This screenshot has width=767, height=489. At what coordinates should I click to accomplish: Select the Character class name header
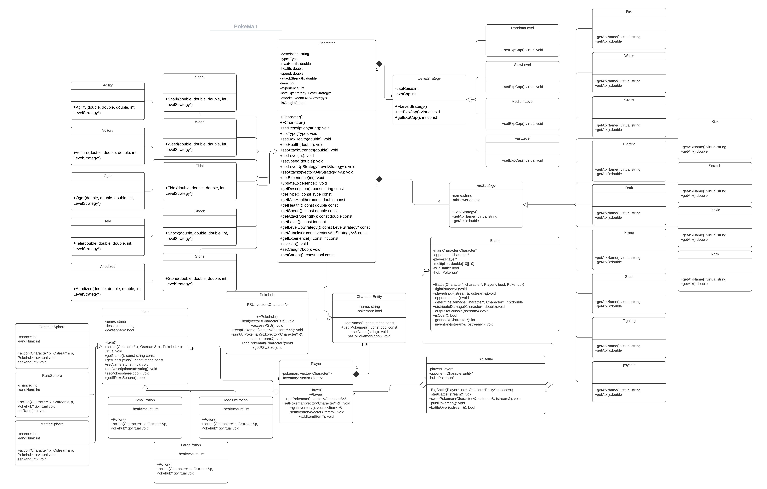click(327, 43)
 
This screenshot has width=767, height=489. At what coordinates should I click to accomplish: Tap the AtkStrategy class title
click(486, 186)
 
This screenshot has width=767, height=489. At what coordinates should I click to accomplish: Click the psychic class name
click(629, 365)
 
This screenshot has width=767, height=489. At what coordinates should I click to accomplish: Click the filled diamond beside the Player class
click(356, 374)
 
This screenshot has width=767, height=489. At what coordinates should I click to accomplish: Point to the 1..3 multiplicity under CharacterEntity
click(364, 345)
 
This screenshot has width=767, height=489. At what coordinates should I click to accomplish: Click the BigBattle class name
click(485, 359)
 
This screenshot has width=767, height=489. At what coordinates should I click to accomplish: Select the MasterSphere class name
click(52, 424)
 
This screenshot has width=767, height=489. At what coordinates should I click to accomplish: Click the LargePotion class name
click(191, 445)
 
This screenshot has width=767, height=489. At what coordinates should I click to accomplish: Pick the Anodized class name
click(108, 267)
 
